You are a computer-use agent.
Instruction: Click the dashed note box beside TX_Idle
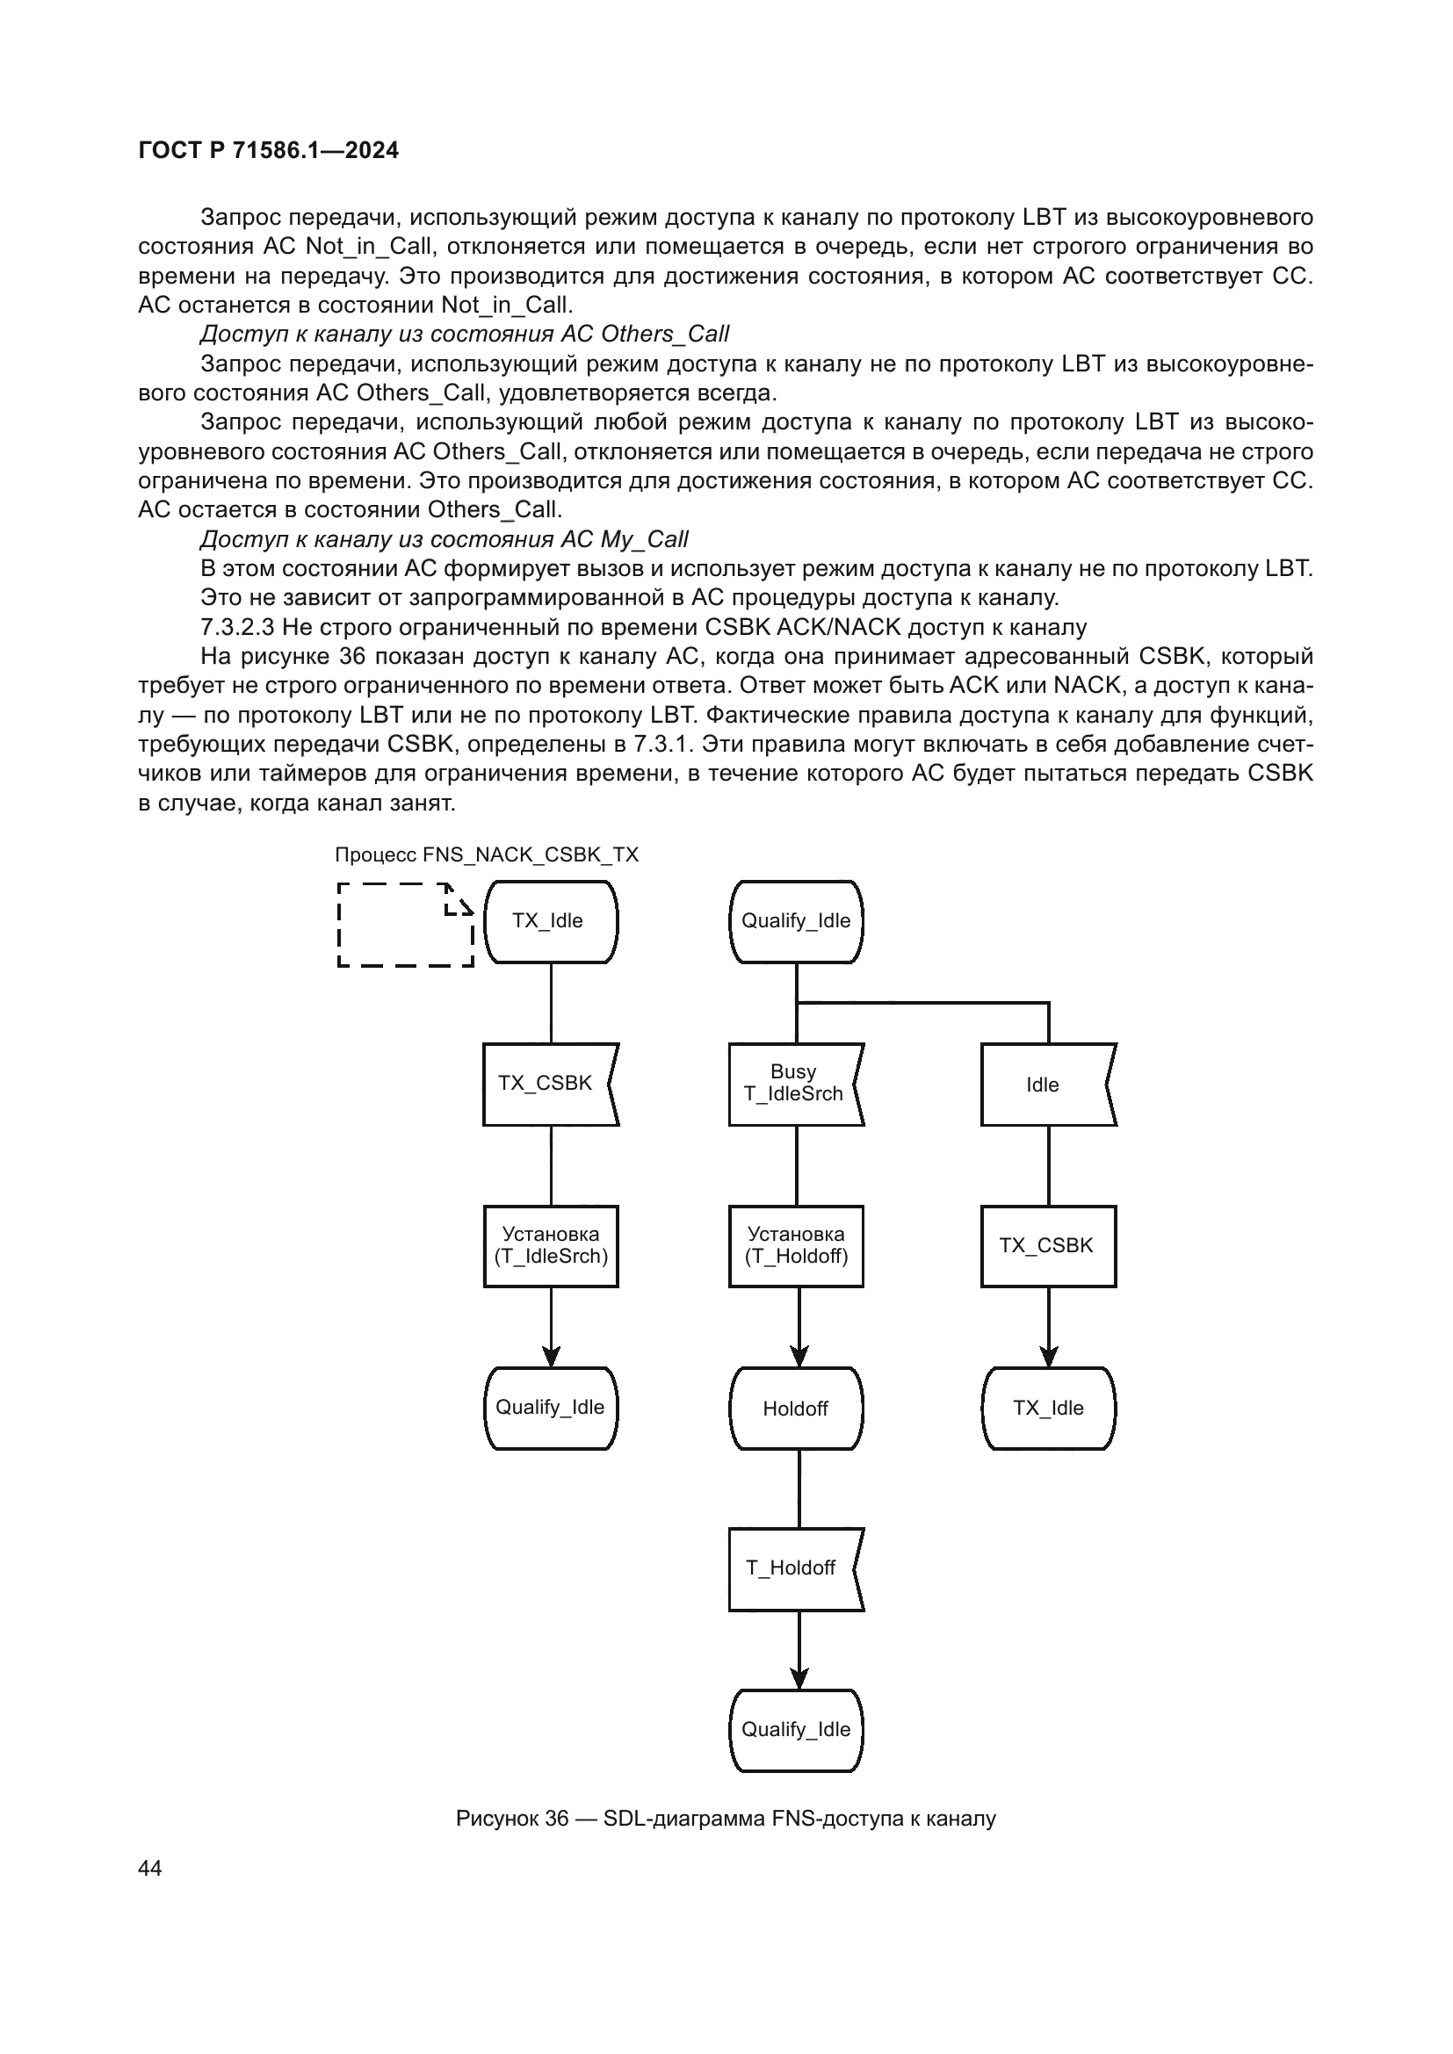[405, 925]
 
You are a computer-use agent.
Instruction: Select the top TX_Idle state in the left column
[550, 921]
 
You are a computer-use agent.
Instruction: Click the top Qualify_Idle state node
[795, 921]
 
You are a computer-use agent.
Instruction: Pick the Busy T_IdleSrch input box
[793, 1084]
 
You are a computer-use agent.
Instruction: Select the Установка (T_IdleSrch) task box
[550, 1246]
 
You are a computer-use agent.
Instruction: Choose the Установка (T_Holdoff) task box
[795, 1246]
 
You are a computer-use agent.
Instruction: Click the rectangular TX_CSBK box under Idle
[1048, 1246]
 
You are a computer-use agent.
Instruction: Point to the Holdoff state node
[795, 1409]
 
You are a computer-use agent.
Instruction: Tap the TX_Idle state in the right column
[1048, 1409]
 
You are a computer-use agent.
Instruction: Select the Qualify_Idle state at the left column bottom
[550, 1408]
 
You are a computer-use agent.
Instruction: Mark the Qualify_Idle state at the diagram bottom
[795, 1730]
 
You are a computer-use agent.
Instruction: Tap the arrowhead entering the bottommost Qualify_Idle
[799, 1679]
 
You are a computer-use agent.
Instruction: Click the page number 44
[150, 1869]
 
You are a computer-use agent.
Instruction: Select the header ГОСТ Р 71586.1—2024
[269, 150]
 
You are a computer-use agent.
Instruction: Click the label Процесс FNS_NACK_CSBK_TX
[487, 854]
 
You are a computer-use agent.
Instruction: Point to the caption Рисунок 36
[725, 1819]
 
